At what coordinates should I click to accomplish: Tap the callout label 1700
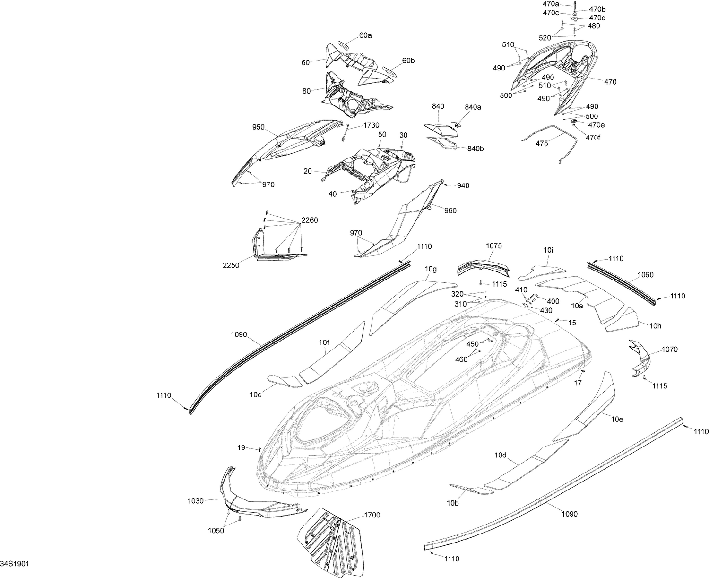pyautogui.click(x=372, y=515)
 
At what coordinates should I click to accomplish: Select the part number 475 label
pyautogui.click(x=542, y=144)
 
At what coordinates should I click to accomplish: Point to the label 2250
pyautogui.click(x=231, y=265)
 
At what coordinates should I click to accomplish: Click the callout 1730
pyautogui.click(x=371, y=125)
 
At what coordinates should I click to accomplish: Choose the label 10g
pyautogui.click(x=431, y=269)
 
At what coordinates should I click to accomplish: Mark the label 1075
pyautogui.click(x=493, y=245)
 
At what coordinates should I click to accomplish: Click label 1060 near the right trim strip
pyautogui.click(x=646, y=274)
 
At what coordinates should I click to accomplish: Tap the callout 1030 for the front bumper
pyautogui.click(x=195, y=501)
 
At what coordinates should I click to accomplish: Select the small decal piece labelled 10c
pyautogui.click(x=285, y=381)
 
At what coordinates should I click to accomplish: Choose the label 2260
pyautogui.click(x=310, y=220)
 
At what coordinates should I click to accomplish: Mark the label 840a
pyautogui.click(x=473, y=107)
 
